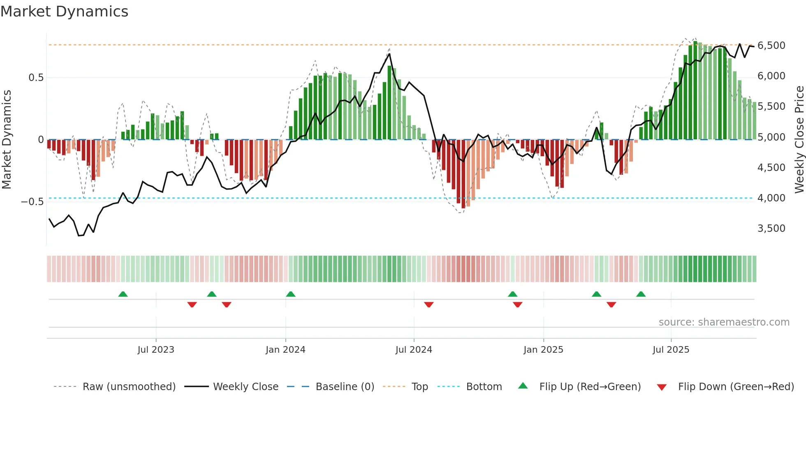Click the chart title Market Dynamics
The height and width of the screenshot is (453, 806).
64,12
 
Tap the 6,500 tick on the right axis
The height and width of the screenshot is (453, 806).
771,45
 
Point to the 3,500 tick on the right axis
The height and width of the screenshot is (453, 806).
771,228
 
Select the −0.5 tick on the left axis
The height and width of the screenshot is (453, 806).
32,201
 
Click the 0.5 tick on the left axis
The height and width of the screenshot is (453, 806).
36,78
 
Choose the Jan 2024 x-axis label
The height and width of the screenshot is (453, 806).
285,349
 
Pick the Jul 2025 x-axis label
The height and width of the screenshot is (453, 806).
671,349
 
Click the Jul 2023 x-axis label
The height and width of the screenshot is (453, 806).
156,349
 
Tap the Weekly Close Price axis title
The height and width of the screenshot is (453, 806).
799,139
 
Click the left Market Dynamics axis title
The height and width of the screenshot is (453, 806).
7,139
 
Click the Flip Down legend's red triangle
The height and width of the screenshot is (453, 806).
662,387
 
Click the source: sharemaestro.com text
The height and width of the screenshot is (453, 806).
724,322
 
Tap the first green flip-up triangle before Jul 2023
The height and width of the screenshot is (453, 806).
123,294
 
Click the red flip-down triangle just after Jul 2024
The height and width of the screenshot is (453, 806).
429,304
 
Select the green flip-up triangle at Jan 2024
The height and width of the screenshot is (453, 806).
291,294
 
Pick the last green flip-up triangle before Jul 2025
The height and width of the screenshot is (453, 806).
641,294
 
